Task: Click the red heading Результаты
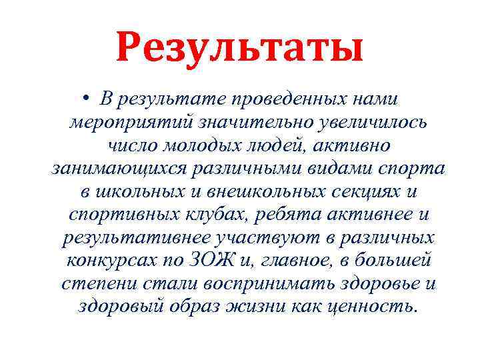pyautogui.click(x=239, y=47)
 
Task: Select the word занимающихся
pyautogui.click(x=117, y=168)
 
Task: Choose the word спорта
pyautogui.click(x=411, y=168)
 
